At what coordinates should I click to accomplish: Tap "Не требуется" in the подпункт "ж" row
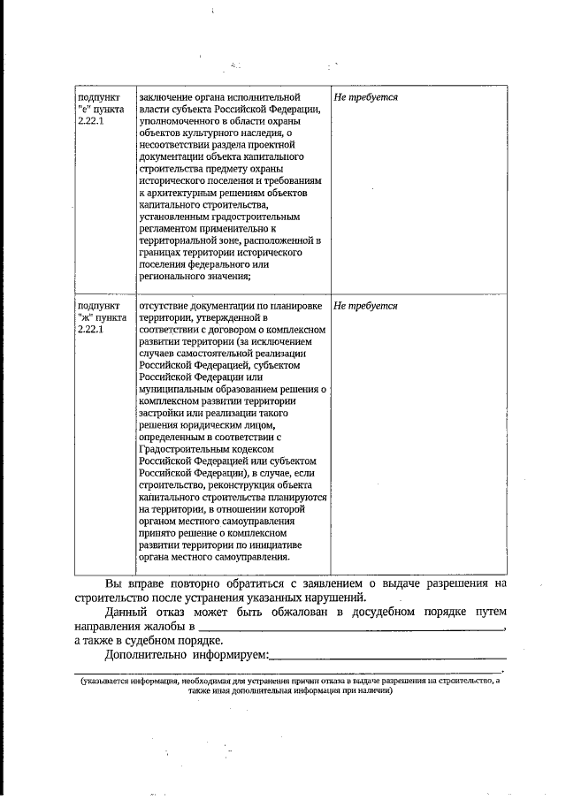[x=365, y=306]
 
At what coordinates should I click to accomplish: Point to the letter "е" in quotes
[x=83, y=109]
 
